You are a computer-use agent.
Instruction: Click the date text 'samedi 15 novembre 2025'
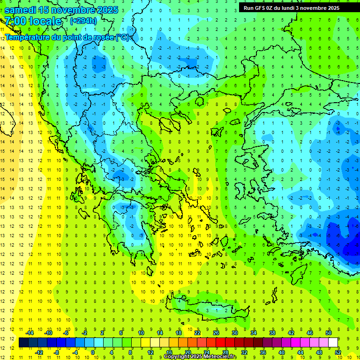(x=61, y=10)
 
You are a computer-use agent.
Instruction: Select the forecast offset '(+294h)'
(x=84, y=21)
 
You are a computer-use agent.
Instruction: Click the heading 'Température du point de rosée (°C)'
(x=67, y=37)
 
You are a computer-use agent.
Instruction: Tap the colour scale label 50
(x=328, y=332)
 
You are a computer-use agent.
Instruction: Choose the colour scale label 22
(x=197, y=332)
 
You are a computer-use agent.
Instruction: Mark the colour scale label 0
(x=94, y=352)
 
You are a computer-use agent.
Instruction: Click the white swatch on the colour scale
(x=333, y=342)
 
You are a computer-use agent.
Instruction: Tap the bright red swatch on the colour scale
(x=220, y=342)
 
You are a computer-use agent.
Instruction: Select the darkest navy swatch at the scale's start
(x=23, y=342)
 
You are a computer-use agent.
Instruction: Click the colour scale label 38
(x=272, y=332)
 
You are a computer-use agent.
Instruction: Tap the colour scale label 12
(x=150, y=352)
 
